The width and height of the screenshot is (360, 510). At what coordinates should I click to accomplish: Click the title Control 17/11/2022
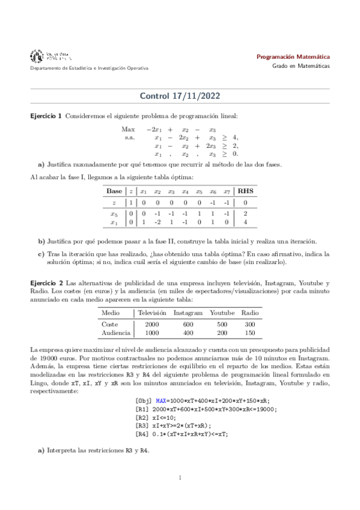tap(180, 96)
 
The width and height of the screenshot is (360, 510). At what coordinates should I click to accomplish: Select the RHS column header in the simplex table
tap(246, 191)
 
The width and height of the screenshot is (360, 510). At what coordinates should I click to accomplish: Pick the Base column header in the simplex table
tap(114, 191)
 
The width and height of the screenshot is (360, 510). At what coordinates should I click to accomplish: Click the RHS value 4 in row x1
tap(245, 223)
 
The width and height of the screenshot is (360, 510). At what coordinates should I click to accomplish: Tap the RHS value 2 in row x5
tap(245, 214)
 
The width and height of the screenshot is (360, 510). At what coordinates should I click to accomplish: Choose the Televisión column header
tap(151, 313)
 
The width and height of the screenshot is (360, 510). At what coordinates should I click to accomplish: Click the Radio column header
tap(250, 313)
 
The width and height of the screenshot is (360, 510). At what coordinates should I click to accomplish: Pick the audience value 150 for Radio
tap(250, 332)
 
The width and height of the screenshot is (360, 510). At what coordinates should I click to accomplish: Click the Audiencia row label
tap(115, 332)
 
